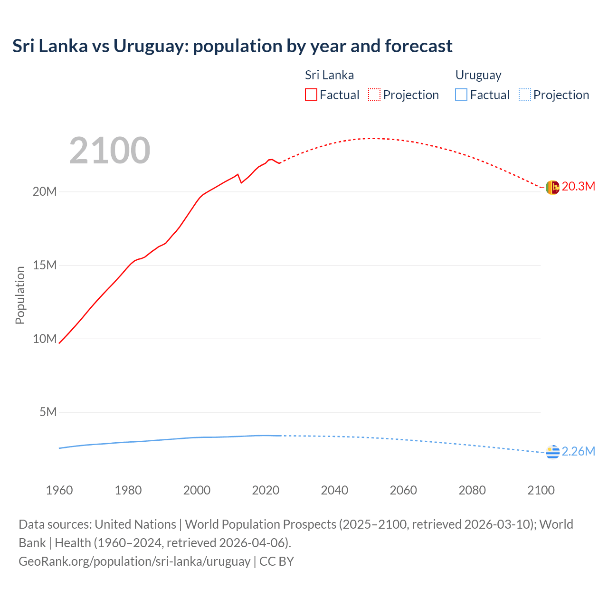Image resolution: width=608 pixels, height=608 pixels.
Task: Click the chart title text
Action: (x=232, y=46)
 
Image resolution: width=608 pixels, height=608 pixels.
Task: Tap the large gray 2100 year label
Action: (x=110, y=151)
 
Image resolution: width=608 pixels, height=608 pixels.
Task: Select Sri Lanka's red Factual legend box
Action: (x=311, y=95)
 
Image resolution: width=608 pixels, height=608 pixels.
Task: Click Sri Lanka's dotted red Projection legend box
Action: (x=374, y=95)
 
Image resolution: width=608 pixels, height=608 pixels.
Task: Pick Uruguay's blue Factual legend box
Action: (x=461, y=95)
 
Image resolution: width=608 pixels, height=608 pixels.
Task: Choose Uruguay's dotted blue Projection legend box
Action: (x=525, y=95)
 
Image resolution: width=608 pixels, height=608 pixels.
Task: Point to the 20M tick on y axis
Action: (x=45, y=191)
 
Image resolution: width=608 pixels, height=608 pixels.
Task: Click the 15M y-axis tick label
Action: (x=45, y=265)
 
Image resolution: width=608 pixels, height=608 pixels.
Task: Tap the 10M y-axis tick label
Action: (x=45, y=339)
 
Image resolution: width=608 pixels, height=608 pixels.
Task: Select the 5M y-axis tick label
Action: (x=48, y=412)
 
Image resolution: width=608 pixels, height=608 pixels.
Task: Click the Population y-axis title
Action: (x=20, y=295)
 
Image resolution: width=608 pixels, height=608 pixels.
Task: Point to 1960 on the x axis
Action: (x=59, y=490)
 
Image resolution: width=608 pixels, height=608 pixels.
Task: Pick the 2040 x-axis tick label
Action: (x=334, y=490)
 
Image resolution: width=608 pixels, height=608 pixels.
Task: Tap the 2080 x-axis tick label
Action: (x=472, y=490)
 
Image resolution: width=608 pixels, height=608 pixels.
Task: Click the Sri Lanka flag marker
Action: (x=552, y=188)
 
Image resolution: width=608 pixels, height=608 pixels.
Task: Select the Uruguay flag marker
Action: (x=552, y=452)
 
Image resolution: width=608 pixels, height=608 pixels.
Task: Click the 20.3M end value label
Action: (x=578, y=186)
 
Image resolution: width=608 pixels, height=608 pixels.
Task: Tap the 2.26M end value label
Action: (x=578, y=451)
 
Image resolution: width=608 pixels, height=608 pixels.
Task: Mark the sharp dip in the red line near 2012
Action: (x=241, y=182)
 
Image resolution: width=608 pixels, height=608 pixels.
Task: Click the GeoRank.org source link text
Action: (x=134, y=561)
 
